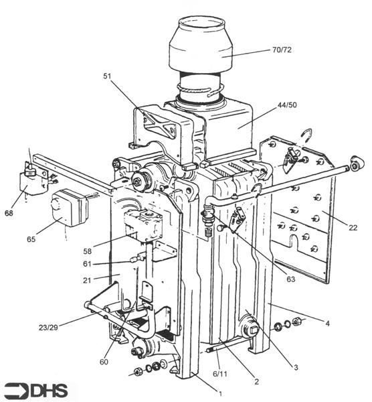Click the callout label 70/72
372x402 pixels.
click(x=282, y=50)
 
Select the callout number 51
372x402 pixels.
click(x=108, y=76)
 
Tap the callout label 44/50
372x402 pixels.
click(x=287, y=105)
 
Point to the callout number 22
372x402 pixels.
click(x=353, y=227)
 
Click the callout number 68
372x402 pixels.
click(x=9, y=213)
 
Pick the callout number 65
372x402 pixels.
click(x=31, y=239)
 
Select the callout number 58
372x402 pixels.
click(x=87, y=251)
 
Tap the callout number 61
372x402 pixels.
click(x=87, y=263)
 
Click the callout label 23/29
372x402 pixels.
click(x=48, y=328)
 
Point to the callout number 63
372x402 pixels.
click(x=291, y=279)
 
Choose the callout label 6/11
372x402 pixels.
click(x=220, y=374)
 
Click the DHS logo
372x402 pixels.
click(x=36, y=391)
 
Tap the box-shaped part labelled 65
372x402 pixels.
click(x=69, y=208)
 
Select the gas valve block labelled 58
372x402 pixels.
click(x=143, y=224)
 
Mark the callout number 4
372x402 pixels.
click(x=327, y=324)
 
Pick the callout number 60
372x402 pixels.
click(x=104, y=362)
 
